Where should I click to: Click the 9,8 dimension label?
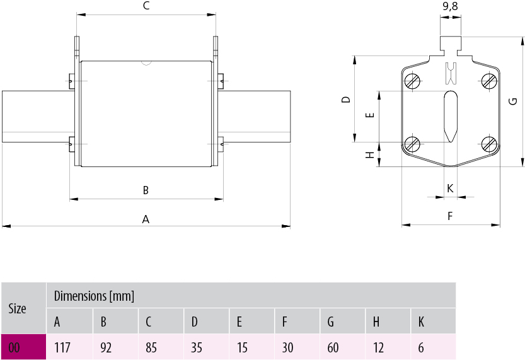pos(450,6)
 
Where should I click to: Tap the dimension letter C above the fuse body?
pos(146,6)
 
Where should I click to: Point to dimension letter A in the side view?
pos(146,219)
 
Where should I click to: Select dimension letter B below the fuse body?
pos(146,190)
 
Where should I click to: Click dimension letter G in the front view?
pos(513,102)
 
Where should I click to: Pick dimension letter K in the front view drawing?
pos(450,188)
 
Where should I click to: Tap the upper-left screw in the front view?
pos(413,81)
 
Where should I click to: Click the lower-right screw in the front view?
pos(489,144)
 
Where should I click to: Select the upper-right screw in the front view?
pos(489,81)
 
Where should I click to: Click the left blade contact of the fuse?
pos(37,117)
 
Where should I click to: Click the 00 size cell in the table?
pos(23,347)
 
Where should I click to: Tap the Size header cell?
pos(23,308)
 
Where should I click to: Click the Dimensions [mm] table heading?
pos(94,296)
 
